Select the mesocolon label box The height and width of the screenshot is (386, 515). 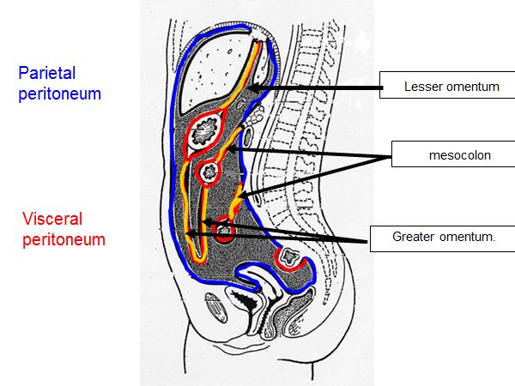tap(451, 155)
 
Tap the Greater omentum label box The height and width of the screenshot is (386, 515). tap(432, 237)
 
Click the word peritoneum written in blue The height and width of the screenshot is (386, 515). tap(60, 93)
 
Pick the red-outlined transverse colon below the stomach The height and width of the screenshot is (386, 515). tap(209, 172)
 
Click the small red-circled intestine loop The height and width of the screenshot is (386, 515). tap(224, 230)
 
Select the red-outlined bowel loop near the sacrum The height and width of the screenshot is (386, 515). tap(288, 256)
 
